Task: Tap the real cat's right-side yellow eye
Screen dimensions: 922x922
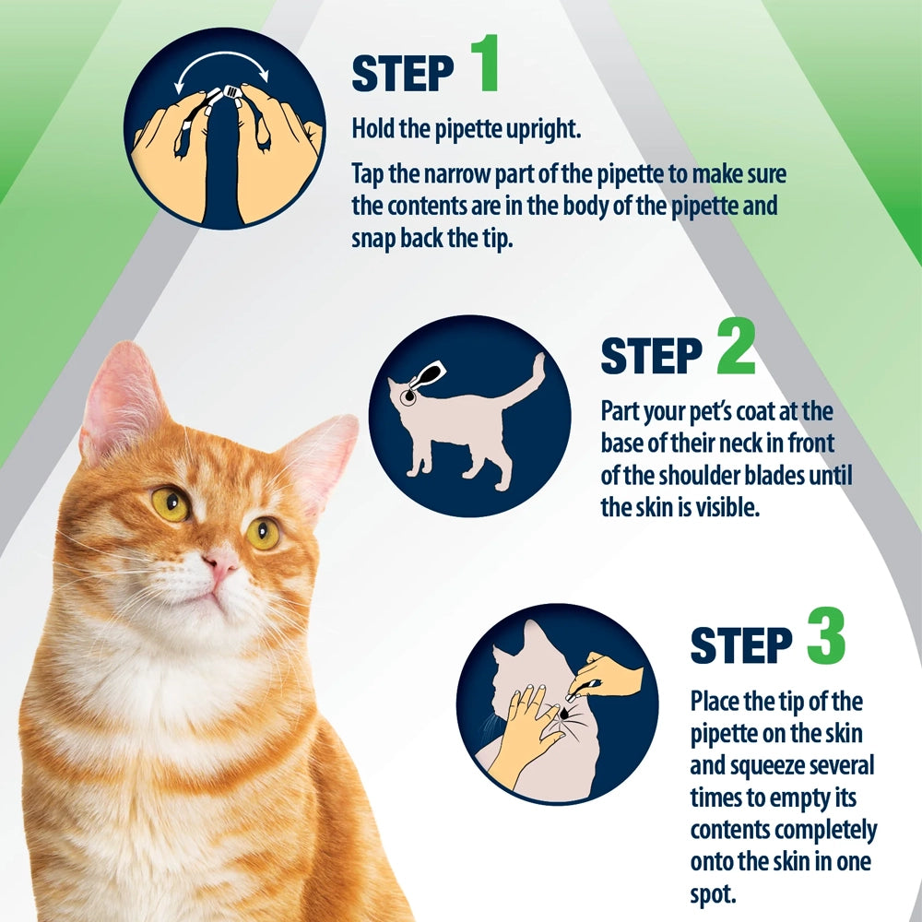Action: click(263, 532)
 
